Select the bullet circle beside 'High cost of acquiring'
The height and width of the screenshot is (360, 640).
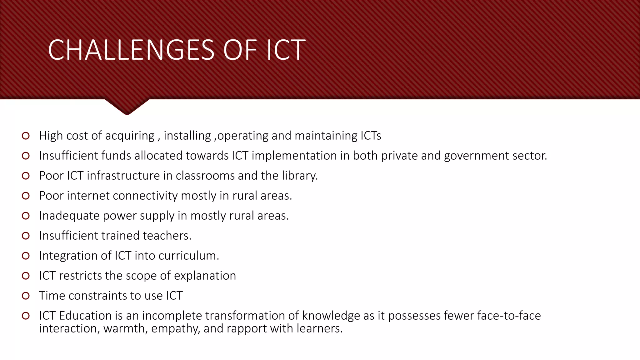(x=26, y=136)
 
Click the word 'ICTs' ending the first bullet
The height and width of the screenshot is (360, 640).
(x=371, y=136)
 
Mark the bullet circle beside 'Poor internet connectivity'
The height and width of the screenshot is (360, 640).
(x=26, y=196)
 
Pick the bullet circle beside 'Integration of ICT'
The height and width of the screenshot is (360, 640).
(x=26, y=256)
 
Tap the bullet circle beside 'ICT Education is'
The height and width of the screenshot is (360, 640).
(x=26, y=316)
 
